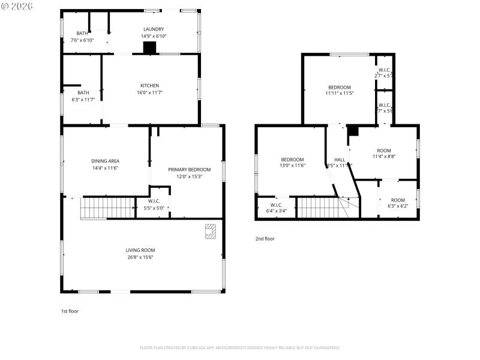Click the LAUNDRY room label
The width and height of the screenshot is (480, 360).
click(154, 29)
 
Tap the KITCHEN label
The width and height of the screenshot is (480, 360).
click(149, 86)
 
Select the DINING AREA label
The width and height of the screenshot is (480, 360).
click(105, 161)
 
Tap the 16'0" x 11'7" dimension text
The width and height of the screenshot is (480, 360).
click(149, 92)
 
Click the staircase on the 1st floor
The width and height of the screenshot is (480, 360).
click(107, 208)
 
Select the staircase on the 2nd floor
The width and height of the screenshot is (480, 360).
click(318, 208)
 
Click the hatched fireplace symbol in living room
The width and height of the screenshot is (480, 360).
click(210, 232)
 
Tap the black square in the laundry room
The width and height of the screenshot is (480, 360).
click(149, 48)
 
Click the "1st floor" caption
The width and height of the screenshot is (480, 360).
click(70, 311)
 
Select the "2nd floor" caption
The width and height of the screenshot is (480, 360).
click(265, 239)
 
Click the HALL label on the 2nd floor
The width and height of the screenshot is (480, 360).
click(339, 159)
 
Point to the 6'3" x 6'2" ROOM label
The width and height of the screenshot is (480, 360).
click(398, 200)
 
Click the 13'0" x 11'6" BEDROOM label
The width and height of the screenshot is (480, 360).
click(293, 159)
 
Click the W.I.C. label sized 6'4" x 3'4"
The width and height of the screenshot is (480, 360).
click(276, 204)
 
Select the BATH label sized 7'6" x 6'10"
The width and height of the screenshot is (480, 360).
click(82, 33)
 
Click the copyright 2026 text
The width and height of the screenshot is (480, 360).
click(17, 5)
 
